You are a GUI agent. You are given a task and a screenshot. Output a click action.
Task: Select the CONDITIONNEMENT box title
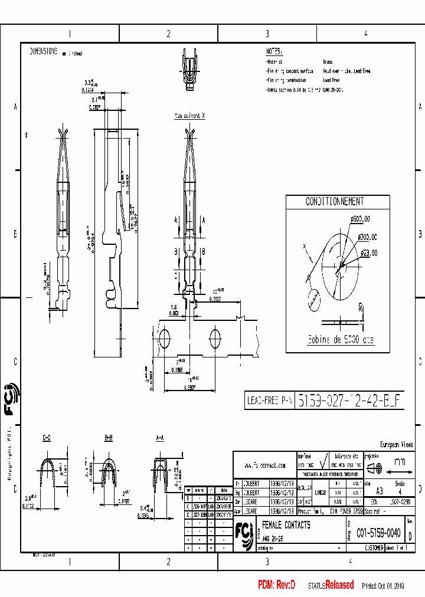tap(335, 202)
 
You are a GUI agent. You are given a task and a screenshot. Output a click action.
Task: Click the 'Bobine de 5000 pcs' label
tap(339, 340)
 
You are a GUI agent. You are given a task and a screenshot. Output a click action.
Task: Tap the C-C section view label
tap(47, 438)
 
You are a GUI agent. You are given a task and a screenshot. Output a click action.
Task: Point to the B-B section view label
tap(109, 438)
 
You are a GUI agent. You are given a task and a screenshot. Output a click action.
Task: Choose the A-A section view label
tap(160, 438)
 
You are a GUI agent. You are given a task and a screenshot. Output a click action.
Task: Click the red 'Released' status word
tap(339, 585)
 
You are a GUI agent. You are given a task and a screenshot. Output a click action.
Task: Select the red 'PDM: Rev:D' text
tap(276, 585)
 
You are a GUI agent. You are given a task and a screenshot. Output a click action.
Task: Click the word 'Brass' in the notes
tap(328, 61)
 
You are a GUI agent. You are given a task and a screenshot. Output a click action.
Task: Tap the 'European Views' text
tap(396, 445)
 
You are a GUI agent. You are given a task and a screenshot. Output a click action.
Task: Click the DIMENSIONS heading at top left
tap(43, 52)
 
